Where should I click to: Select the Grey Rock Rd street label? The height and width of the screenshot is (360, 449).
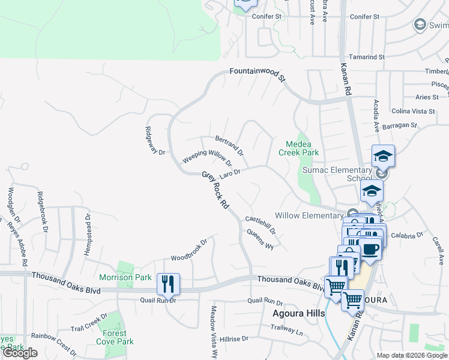point(215,190)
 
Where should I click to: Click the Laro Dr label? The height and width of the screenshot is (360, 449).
point(230,174)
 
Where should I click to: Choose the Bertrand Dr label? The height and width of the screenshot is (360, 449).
point(229,145)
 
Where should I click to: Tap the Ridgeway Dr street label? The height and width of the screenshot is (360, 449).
point(155,140)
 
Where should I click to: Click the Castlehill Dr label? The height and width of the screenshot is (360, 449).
point(260,225)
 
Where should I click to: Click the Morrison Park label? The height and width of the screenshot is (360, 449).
point(125,277)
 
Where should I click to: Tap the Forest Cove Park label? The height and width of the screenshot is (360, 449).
point(114,337)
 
